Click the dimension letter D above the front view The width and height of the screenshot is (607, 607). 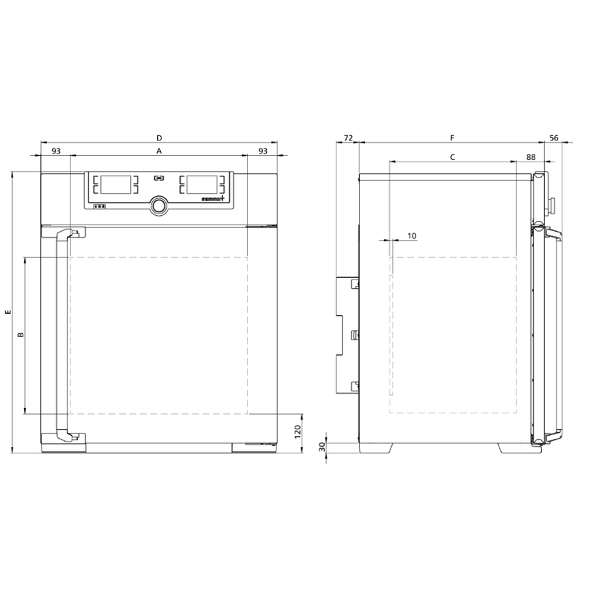point(159,137)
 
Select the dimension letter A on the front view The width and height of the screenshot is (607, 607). point(159,151)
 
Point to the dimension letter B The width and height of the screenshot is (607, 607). point(21,334)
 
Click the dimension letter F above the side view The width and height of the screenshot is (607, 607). point(452,137)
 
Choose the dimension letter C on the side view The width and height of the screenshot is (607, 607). point(452,157)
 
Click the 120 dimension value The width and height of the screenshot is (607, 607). point(298,431)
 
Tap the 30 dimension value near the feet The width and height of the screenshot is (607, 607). point(322,447)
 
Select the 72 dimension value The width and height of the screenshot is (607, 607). point(348,137)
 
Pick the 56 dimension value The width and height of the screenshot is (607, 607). point(554,137)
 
